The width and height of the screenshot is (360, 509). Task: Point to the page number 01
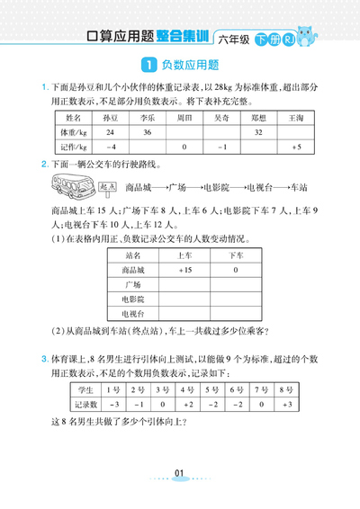pos(179,473)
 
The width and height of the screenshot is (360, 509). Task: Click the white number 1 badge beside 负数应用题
pos(148,65)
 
